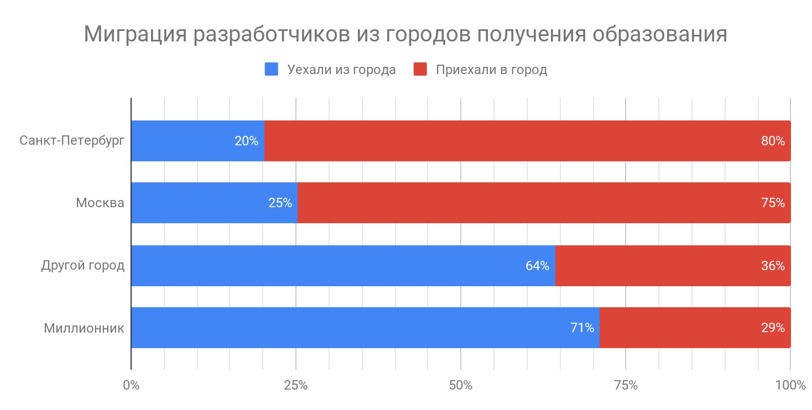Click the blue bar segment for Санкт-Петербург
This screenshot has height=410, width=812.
(183, 141)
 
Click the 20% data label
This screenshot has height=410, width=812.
(246, 141)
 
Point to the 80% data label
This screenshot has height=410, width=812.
(773, 141)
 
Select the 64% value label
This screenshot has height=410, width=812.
(537, 266)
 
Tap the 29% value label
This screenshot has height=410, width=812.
(773, 328)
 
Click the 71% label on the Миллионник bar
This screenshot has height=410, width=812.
(582, 328)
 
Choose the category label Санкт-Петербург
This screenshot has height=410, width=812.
(72, 140)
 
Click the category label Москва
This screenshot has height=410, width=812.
(100, 203)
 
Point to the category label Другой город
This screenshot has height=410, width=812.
(83, 266)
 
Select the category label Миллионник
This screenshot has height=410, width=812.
(84, 328)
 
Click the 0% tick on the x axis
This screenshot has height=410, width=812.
(131, 385)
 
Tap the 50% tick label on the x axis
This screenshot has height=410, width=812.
(461, 385)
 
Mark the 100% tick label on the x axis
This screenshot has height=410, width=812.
(790, 385)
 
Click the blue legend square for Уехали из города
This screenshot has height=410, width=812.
(272, 70)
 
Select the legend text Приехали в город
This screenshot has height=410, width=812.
(491, 70)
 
